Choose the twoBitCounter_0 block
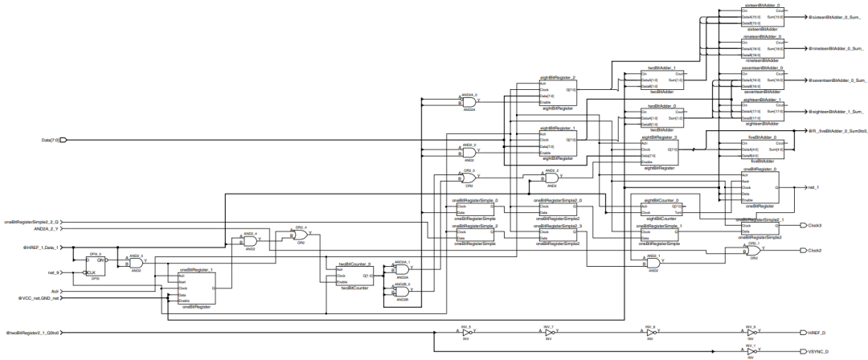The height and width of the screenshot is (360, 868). coord(354,278)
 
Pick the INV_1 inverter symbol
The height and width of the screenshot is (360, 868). coord(749,350)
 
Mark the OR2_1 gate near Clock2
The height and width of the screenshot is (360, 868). coord(755,249)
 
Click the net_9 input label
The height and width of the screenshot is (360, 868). coord(55,273)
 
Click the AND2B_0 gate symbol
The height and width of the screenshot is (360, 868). coord(403,292)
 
